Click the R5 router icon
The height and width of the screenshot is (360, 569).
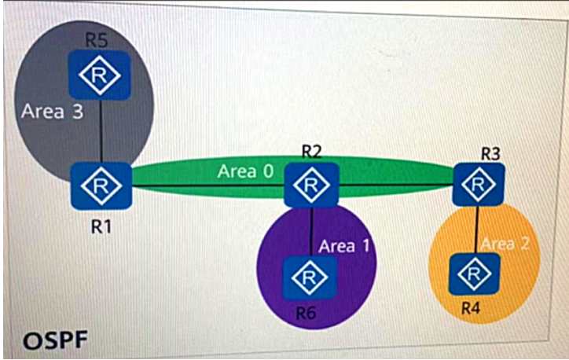pos(100,75)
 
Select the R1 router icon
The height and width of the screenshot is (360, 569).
pos(101,186)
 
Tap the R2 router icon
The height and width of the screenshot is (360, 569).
pos(311,185)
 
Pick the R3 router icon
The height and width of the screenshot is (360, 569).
pos(479,185)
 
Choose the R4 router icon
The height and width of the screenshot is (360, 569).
pos(474,274)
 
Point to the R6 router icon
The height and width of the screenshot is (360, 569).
pos(310,278)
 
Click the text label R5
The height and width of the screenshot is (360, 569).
pos(97,40)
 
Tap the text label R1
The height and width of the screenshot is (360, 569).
pos(101,227)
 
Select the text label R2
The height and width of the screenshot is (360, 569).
pos(312,152)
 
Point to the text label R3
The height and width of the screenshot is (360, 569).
pos(490,154)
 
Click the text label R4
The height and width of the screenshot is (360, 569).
pos(471,308)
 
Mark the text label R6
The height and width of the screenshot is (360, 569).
pos(306,313)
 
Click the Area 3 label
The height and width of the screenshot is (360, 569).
pos(52,111)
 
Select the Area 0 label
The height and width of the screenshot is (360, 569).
pos(245,171)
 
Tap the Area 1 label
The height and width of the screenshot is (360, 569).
pos(344,246)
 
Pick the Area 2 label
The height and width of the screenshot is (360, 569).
pos(505,244)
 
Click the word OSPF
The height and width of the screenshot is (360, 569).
pos(55,341)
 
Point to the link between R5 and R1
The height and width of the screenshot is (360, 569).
pos(101,131)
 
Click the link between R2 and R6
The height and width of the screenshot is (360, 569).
pos(311,232)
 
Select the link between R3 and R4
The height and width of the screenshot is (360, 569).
pos(477,230)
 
